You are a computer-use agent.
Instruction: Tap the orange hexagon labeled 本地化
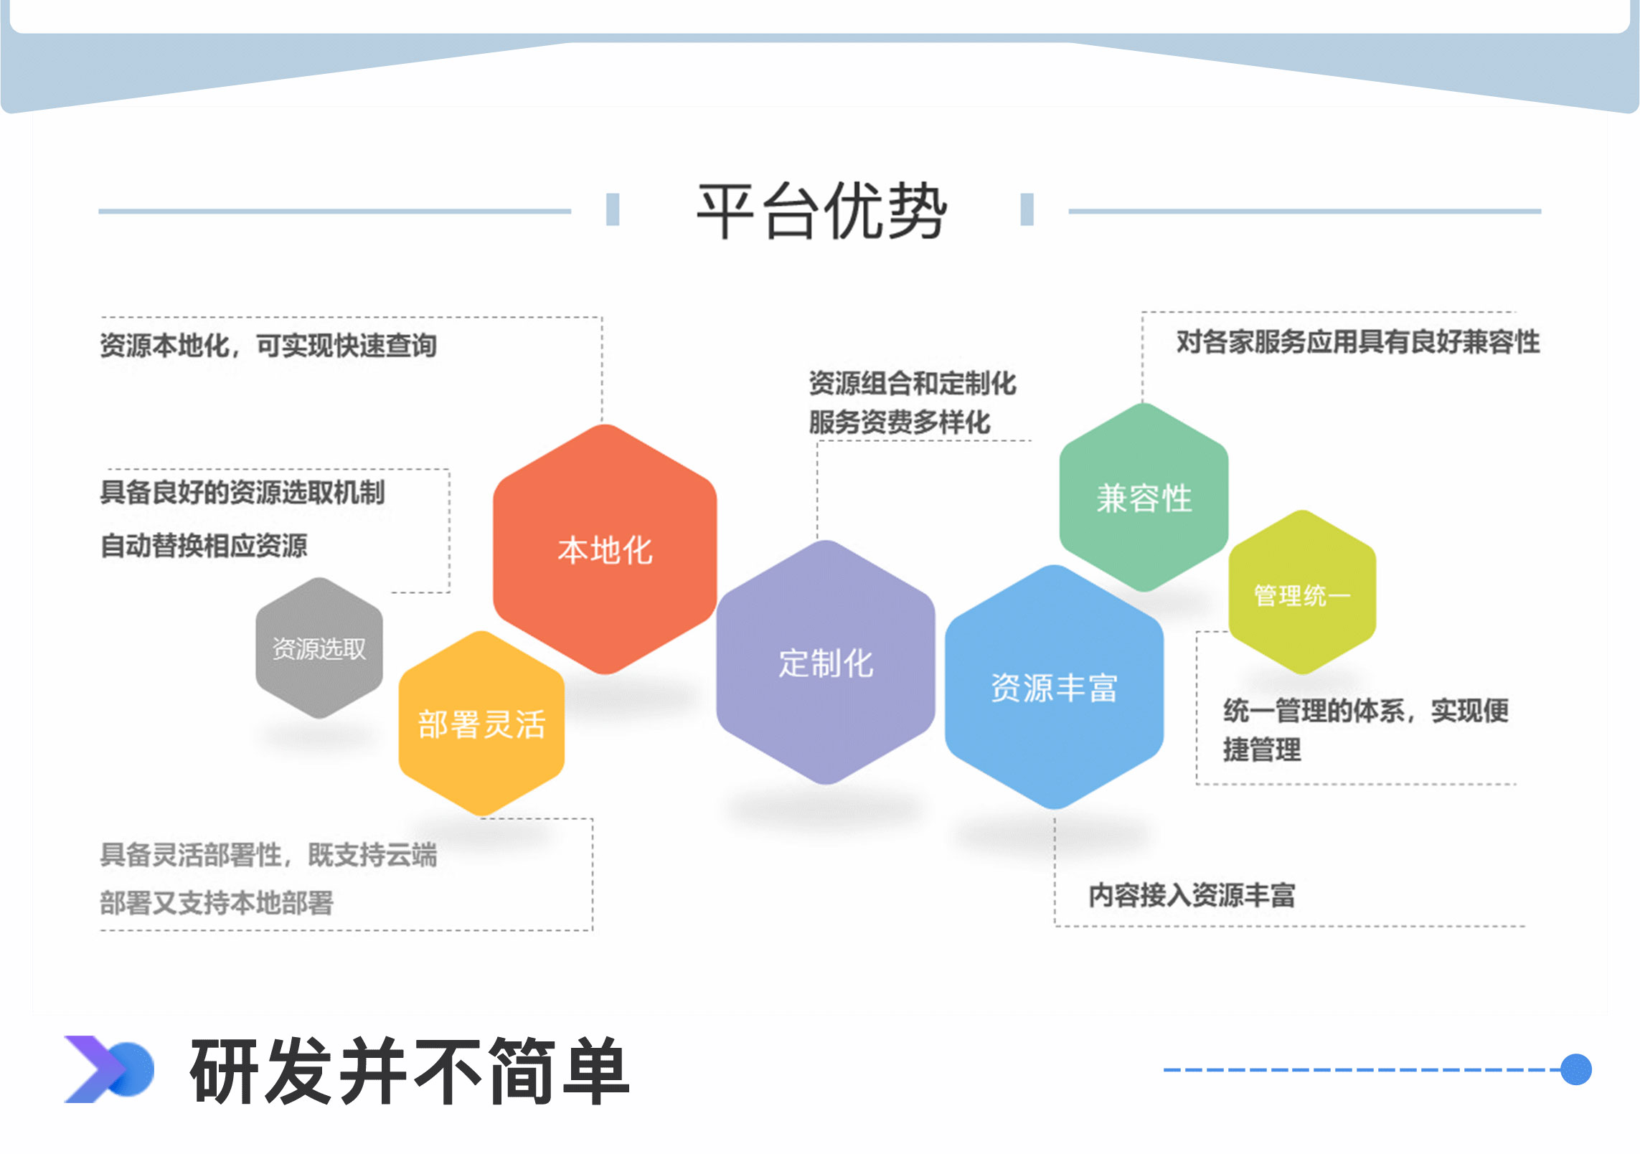(x=605, y=550)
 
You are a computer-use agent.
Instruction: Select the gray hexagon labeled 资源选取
(x=319, y=648)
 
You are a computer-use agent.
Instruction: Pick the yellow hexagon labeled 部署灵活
(x=481, y=724)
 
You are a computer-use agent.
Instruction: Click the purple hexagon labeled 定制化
(x=826, y=663)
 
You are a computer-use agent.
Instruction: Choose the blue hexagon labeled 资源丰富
(x=1054, y=687)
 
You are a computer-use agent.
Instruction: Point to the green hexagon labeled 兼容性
(x=1144, y=498)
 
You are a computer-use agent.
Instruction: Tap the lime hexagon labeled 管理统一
(x=1302, y=594)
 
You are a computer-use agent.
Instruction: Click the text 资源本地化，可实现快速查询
(x=268, y=346)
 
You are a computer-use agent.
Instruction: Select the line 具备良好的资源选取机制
(x=242, y=492)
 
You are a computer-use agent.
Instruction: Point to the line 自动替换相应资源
(x=204, y=545)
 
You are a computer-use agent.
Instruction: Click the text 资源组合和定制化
(x=912, y=383)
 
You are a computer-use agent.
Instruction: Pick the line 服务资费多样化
(x=900, y=422)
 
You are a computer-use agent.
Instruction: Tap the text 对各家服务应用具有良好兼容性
(x=1357, y=341)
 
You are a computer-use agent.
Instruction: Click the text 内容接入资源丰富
(x=1192, y=894)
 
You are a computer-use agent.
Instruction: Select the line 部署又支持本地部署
(x=217, y=902)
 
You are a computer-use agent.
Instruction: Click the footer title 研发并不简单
(x=410, y=1071)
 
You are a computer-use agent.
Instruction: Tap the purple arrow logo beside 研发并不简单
(x=108, y=1069)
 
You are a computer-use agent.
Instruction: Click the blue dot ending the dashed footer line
(x=1576, y=1069)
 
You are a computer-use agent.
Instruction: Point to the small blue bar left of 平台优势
(x=613, y=209)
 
